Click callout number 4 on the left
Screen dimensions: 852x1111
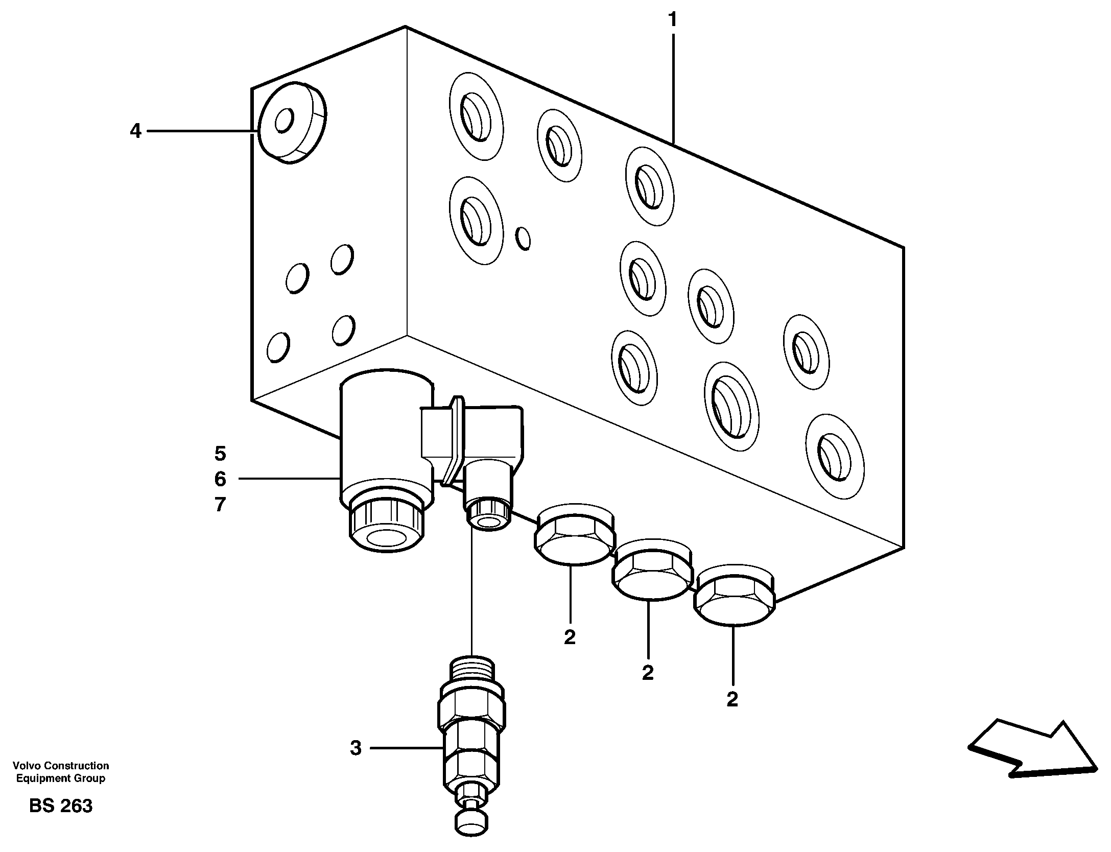pyautogui.click(x=135, y=131)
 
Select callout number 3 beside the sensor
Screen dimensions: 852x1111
pyautogui.click(x=356, y=748)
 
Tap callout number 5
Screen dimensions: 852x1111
pyautogui.click(x=220, y=453)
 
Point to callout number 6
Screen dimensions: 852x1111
pyautogui.click(x=220, y=479)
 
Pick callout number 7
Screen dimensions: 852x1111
pyautogui.click(x=220, y=505)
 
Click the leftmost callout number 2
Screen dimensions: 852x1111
pyautogui.click(x=570, y=637)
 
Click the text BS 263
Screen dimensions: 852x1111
pyautogui.click(x=61, y=806)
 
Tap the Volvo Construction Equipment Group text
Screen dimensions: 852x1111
pyautogui.click(x=61, y=772)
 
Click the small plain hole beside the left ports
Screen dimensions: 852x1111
pyautogui.click(x=523, y=238)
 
